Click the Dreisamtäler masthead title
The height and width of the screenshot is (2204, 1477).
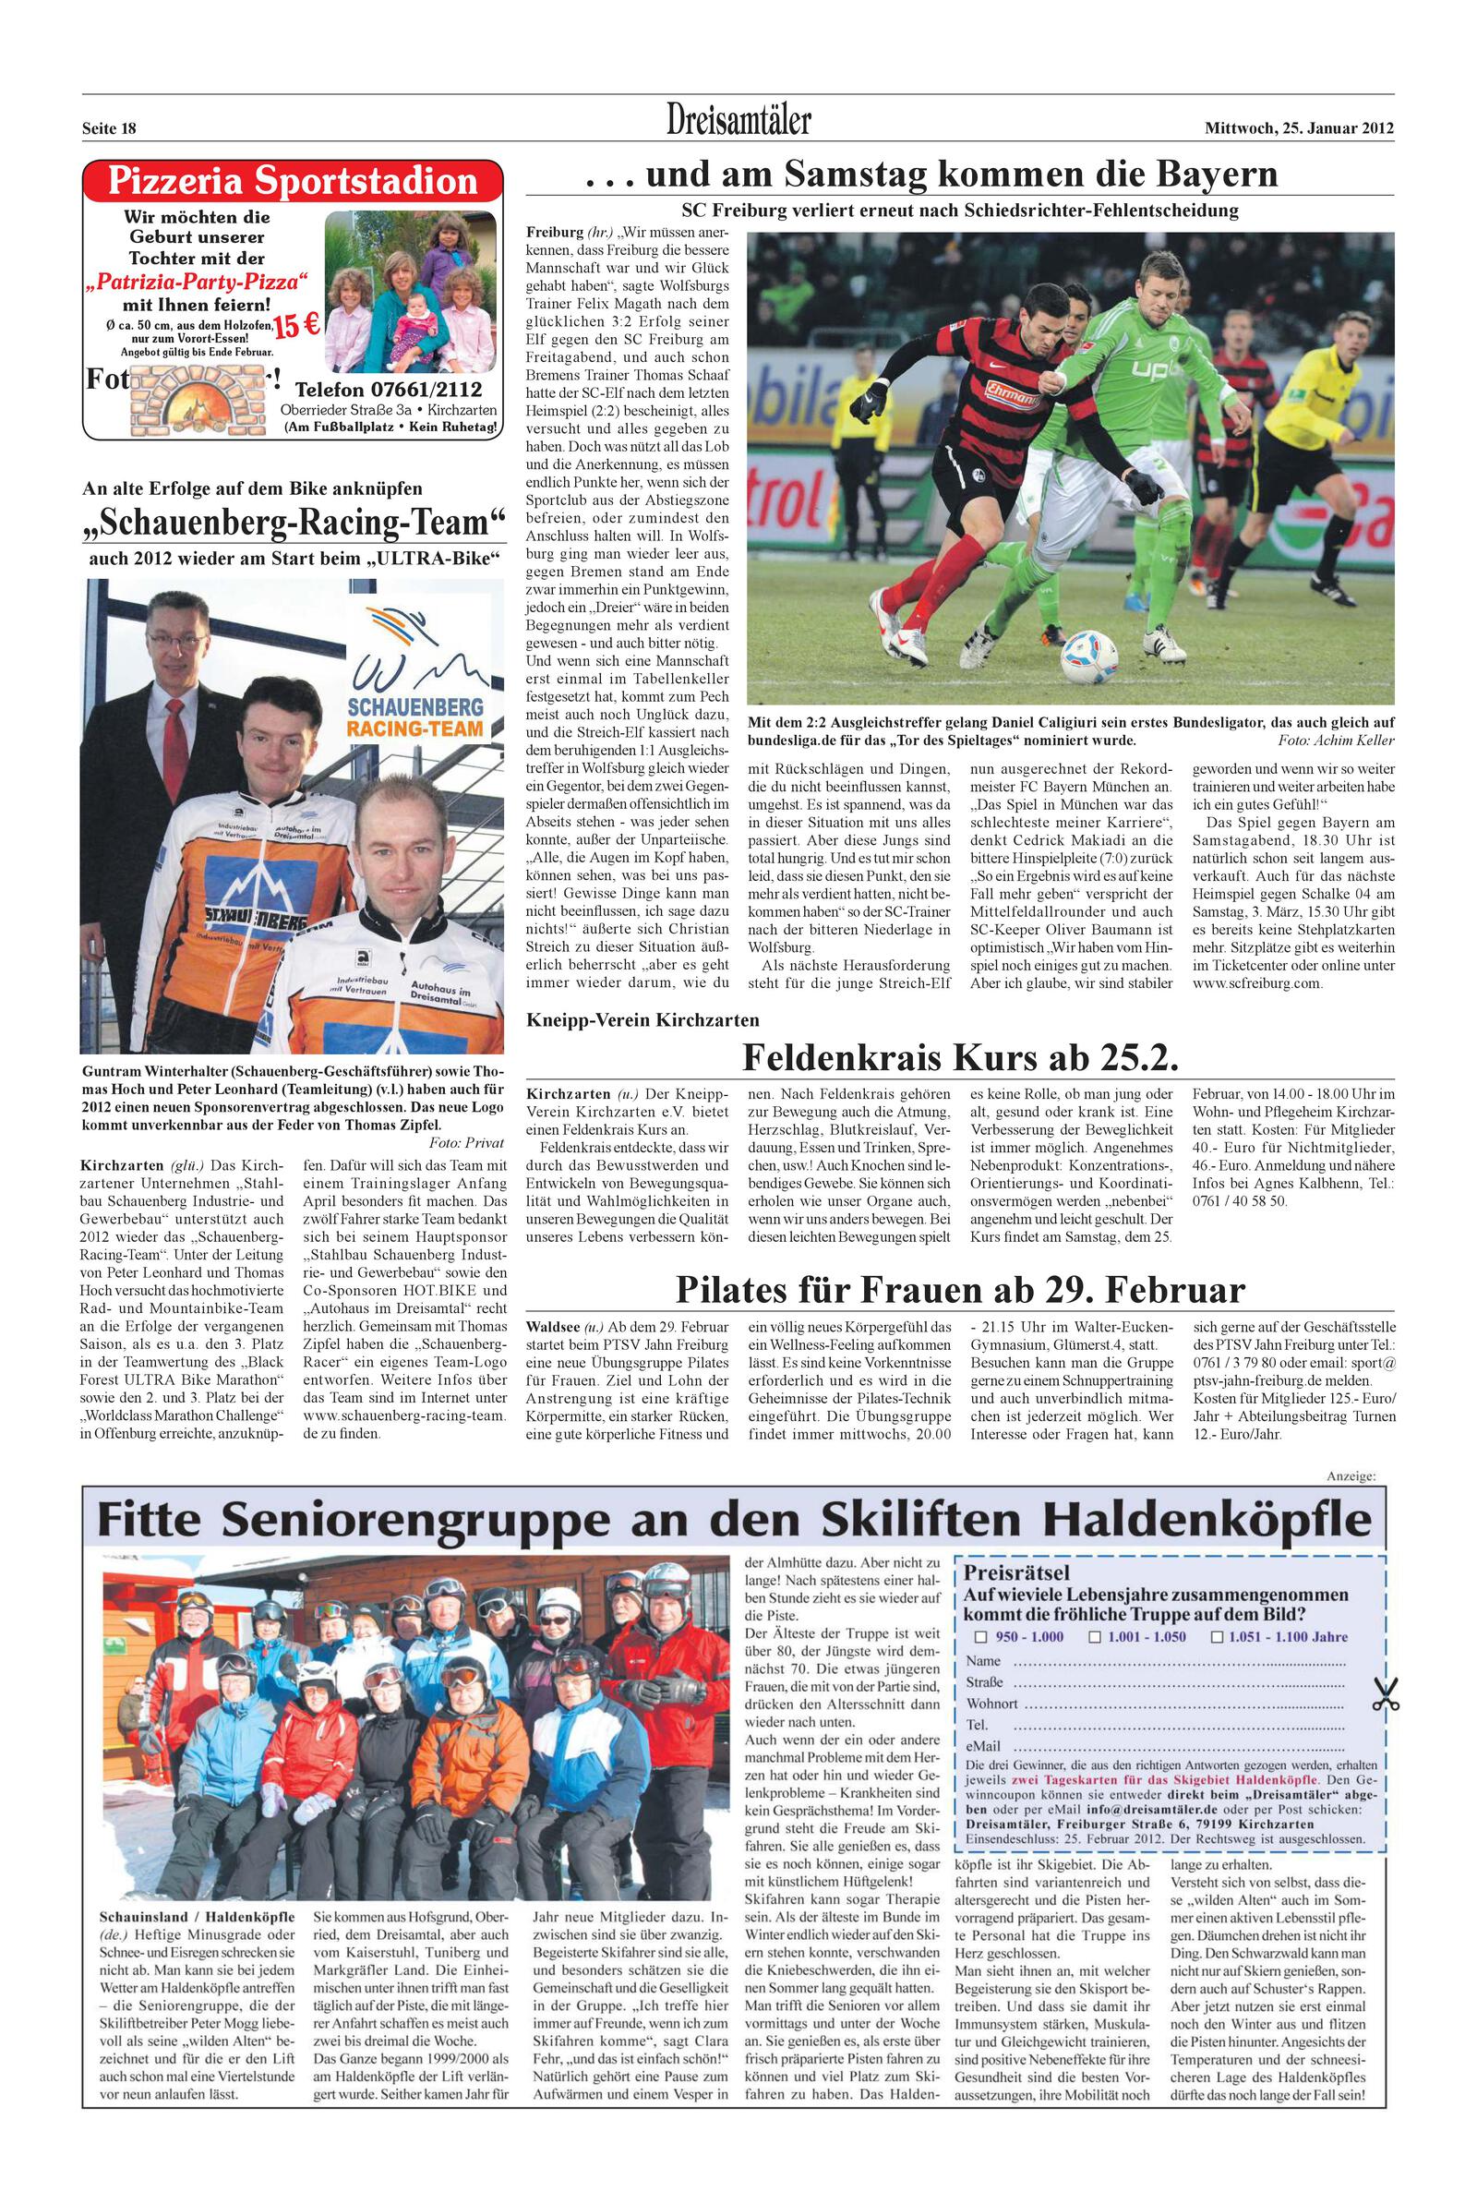(738, 121)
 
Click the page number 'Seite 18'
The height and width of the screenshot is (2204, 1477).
(109, 129)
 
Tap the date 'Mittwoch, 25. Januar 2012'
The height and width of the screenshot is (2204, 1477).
(1299, 128)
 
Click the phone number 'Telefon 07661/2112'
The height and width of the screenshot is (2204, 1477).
(388, 390)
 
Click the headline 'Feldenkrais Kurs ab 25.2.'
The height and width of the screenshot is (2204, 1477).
(960, 1058)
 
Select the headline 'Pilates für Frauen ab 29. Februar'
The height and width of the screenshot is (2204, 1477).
(960, 1288)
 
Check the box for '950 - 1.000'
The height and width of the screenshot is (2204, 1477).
(980, 1636)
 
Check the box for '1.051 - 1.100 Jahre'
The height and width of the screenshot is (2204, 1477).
(1217, 1636)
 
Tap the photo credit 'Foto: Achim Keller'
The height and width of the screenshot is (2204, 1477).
(1336, 741)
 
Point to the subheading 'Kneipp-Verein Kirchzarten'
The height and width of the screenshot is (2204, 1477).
(642, 1019)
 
